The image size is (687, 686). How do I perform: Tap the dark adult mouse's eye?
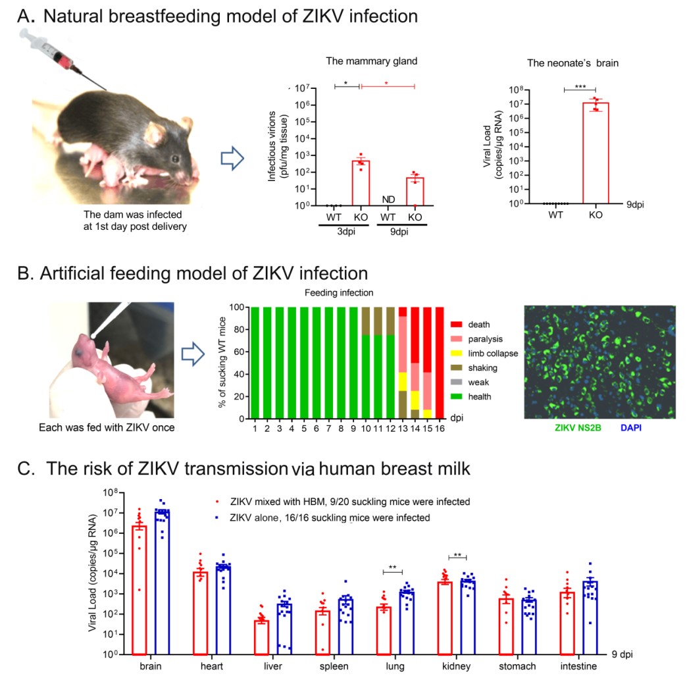pos(174,159)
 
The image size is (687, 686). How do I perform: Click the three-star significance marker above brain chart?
pos(579,86)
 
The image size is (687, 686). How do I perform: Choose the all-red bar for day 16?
pos(441,362)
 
